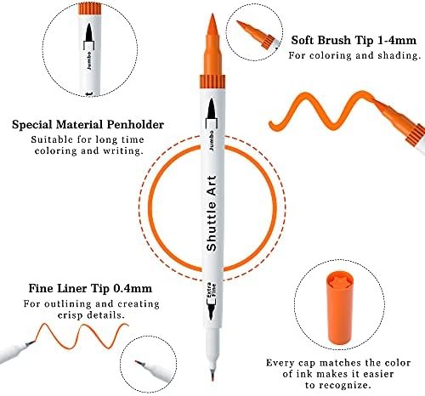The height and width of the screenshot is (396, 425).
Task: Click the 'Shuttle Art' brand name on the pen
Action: [212, 213]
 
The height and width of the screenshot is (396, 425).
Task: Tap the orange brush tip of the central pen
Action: [212, 44]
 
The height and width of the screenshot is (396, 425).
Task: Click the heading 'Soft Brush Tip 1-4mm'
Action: [354, 40]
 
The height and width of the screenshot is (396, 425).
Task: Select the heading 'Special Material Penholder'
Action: [88, 125]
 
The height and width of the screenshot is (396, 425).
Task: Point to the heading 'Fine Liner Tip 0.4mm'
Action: [90, 288]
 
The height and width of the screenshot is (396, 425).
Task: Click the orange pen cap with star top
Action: [340, 308]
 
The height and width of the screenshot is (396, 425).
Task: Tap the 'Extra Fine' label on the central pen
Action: [212, 291]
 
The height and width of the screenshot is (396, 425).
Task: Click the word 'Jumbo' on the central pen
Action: [212, 140]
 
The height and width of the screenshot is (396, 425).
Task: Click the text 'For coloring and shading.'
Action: [354, 55]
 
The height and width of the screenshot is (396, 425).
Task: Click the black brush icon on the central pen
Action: [212, 109]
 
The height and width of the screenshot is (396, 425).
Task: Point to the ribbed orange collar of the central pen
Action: [212, 82]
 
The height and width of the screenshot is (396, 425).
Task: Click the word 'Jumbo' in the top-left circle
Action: [89, 60]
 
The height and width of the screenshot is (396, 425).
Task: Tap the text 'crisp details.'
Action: [91, 315]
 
